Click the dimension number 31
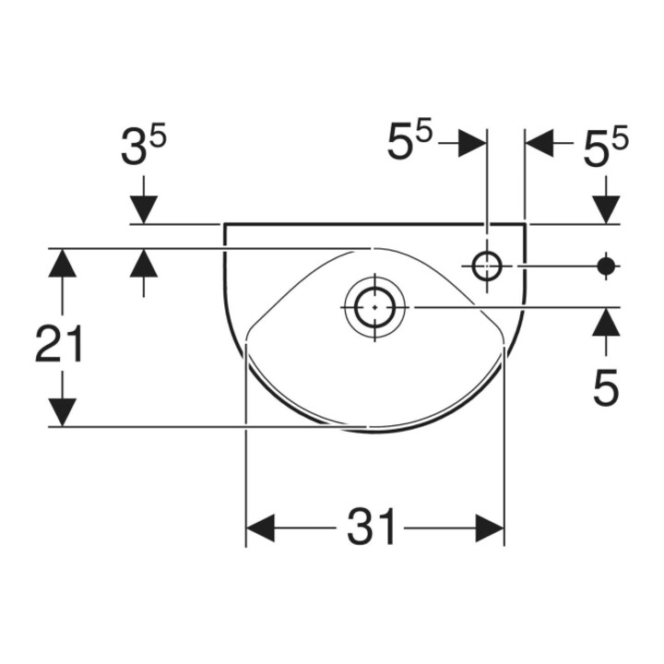(371, 527)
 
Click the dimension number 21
(59, 343)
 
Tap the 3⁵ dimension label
(143, 146)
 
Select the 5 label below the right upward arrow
(606, 387)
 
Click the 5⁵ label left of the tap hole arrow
(409, 140)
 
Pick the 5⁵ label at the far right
(606, 146)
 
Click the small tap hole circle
(487, 267)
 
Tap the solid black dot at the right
(606, 267)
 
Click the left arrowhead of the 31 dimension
(260, 528)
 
